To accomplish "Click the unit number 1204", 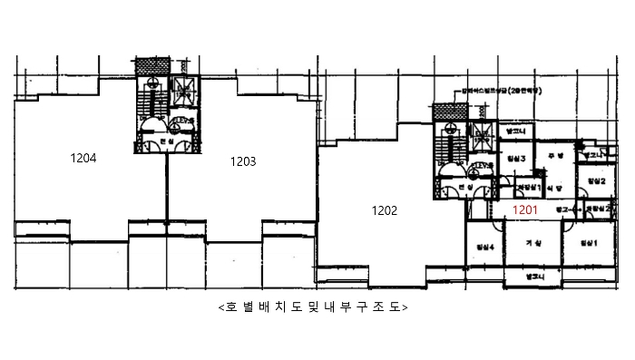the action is coord(83,158).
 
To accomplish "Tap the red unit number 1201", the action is coord(526,210).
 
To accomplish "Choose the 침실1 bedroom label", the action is coord(590,244).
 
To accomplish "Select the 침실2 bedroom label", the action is coord(596,182).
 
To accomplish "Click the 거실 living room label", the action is coord(533,244).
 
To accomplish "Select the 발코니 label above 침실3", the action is coord(513,131).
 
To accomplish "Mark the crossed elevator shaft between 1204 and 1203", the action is coord(184,88).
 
